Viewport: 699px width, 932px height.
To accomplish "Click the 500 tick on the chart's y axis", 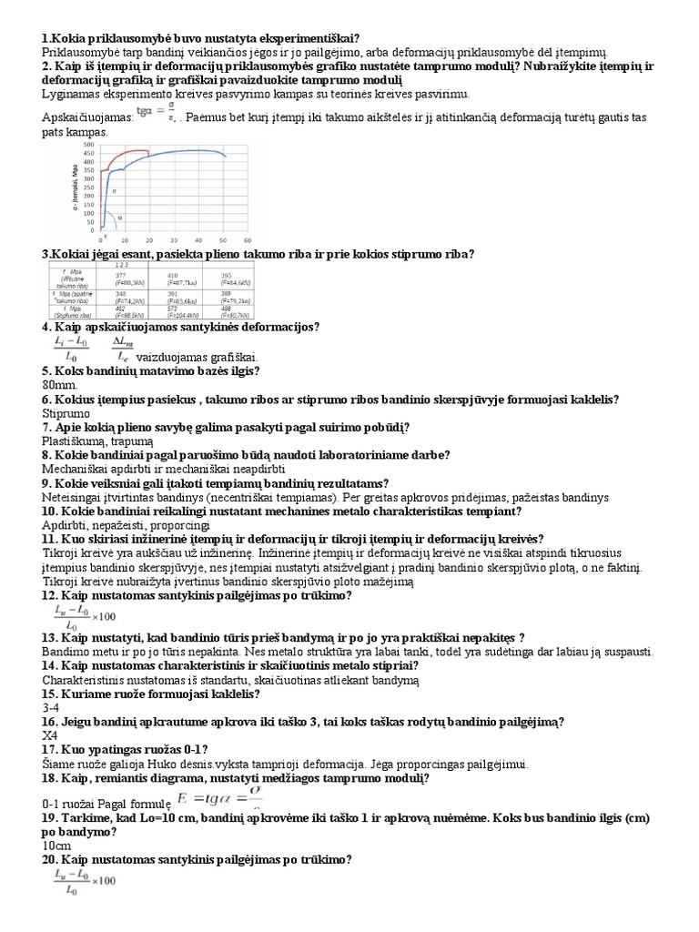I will pyautogui.click(x=88, y=145).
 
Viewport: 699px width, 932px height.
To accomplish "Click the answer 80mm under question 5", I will pyautogui.click(x=58, y=385).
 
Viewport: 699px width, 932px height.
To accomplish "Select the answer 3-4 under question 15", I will pyautogui.click(x=51, y=707).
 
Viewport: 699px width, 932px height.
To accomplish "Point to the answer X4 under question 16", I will pyautogui.click(x=50, y=735).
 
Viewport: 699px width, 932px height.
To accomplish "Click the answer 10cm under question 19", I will pyautogui.click(x=56, y=845).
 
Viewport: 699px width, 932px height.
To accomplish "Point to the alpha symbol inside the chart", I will pyautogui.click(x=122, y=218).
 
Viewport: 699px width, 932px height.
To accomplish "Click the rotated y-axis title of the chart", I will pyautogui.click(x=66, y=189).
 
